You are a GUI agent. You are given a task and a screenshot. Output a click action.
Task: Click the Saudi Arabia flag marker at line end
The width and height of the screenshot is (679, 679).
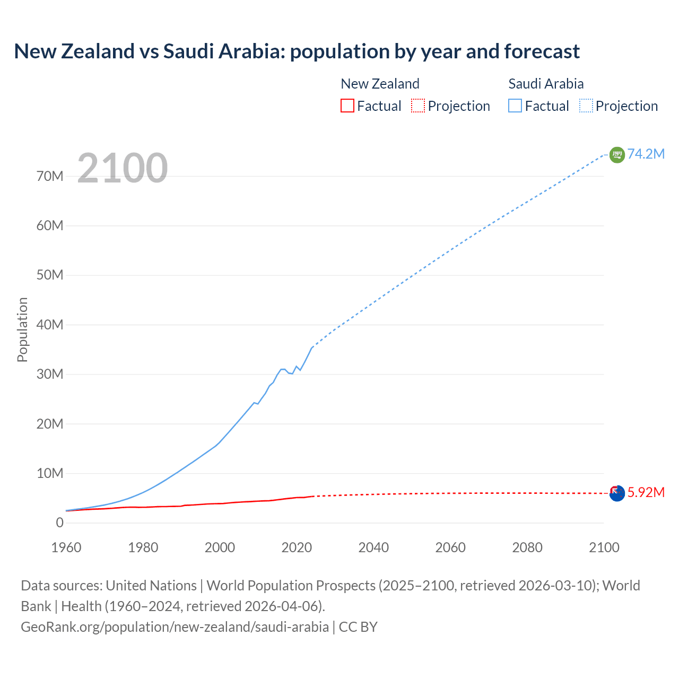pos(617,154)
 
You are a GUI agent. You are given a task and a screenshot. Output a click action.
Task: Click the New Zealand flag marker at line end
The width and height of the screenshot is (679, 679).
pos(617,493)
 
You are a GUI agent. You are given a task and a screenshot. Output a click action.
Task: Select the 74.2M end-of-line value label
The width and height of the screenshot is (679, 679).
pos(646,154)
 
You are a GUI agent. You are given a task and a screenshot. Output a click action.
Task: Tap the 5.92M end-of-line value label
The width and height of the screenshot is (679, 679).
pos(646,492)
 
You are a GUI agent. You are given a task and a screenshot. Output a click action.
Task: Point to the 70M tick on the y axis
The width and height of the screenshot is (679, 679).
pos(50,176)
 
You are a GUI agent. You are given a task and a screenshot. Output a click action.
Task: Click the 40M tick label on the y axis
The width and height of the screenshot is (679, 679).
pos(50,325)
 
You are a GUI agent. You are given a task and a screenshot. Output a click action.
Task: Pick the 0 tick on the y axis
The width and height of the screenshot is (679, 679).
pos(59,523)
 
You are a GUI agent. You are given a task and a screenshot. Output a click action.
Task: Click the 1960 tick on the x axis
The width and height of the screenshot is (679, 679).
pos(66,547)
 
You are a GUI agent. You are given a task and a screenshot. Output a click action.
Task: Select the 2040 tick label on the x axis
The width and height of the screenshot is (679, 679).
pos(373,547)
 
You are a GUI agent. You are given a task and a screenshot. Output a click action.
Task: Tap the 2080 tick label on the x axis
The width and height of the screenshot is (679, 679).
pos(527,547)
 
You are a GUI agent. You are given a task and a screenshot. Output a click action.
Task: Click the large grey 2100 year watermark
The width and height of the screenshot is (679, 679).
pos(123,168)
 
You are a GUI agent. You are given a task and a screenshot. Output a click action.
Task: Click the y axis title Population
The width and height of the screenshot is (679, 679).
pos(22,329)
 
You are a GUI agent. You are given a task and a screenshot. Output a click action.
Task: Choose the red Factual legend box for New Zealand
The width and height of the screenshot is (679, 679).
pos(347,106)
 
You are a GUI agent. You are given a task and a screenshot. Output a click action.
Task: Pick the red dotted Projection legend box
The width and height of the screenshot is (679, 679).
pos(418,106)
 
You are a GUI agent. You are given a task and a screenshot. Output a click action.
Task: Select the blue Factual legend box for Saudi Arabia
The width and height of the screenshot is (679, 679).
pos(515,106)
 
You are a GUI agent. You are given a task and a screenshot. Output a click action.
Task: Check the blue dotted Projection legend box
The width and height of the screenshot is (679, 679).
pos(586,106)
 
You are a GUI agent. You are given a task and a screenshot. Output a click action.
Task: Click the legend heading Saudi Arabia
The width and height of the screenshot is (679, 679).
pos(546,84)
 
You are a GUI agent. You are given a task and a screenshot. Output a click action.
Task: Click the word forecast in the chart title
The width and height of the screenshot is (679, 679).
pos(542,51)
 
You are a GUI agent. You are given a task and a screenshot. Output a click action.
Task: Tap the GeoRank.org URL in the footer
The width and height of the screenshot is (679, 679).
pos(175,626)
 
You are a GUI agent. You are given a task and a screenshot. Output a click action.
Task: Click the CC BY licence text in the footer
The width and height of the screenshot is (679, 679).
pos(358,626)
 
